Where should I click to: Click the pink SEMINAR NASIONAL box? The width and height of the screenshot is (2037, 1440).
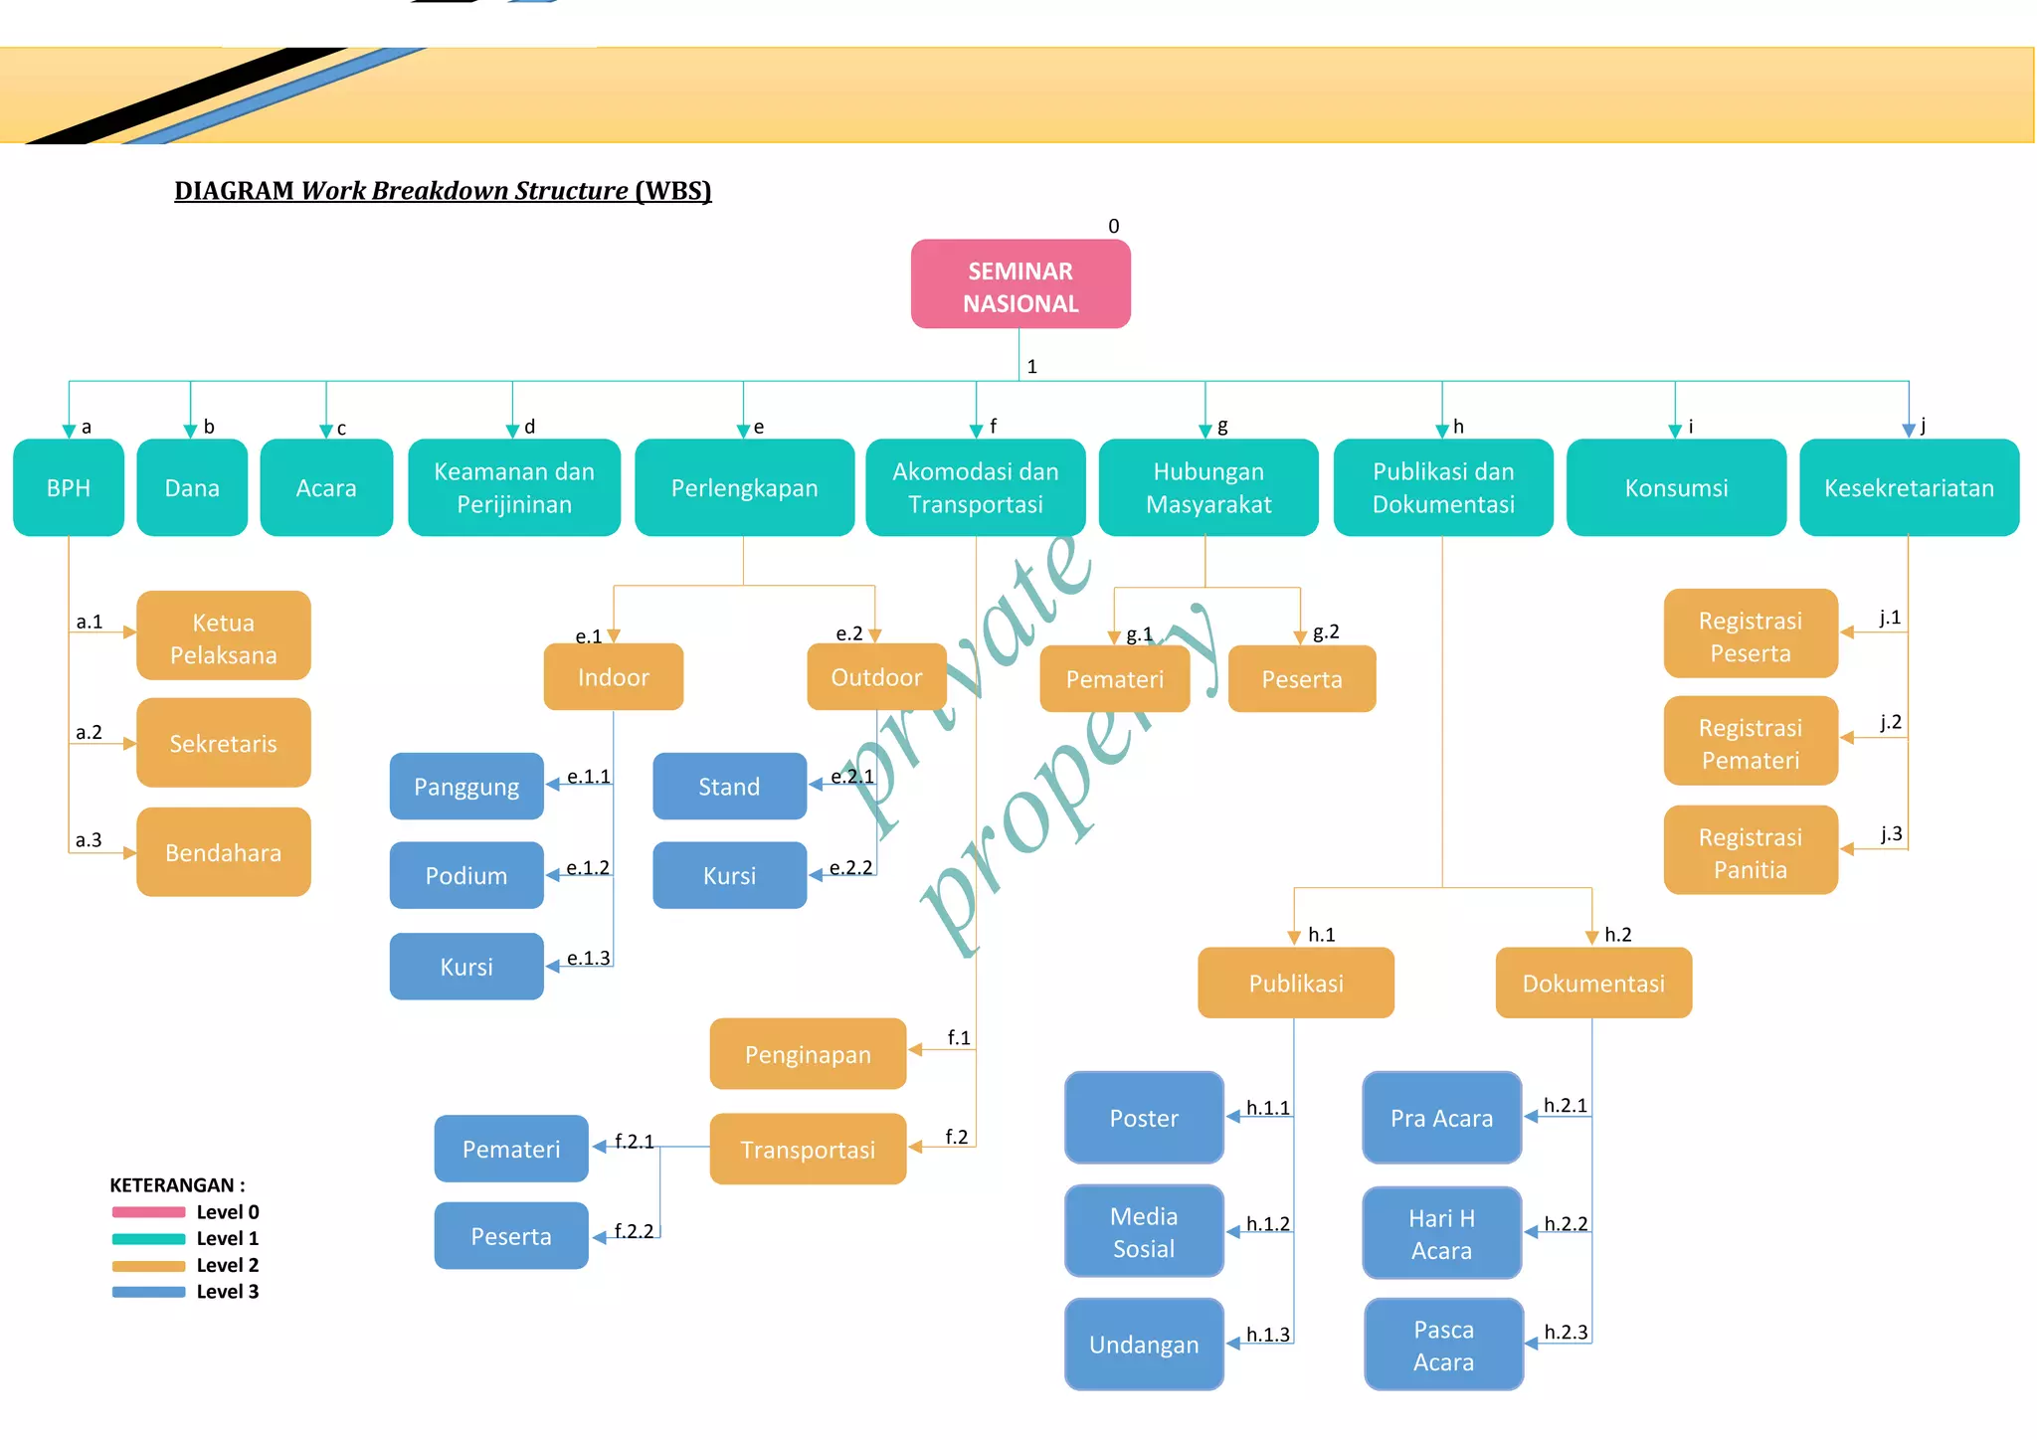tap(1020, 284)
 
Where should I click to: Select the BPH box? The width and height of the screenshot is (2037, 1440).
tap(69, 488)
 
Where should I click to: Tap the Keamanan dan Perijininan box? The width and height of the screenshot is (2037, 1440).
tap(514, 488)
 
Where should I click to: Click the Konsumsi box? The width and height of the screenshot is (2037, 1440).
tap(1676, 488)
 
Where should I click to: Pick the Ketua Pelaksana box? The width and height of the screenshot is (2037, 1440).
tap(224, 636)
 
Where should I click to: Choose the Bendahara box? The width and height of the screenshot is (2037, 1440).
tap(224, 852)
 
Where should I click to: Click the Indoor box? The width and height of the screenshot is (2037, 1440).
tap(614, 677)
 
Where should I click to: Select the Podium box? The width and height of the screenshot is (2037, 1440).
tap(466, 875)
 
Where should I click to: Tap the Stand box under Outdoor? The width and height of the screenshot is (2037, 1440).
tap(729, 787)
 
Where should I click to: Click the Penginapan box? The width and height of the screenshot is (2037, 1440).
tap(808, 1054)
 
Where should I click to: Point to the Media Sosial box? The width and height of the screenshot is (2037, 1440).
tap(1144, 1231)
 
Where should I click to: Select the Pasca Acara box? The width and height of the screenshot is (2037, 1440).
tap(1443, 1345)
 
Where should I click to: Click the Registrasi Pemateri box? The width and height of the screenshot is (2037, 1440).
tap(1751, 743)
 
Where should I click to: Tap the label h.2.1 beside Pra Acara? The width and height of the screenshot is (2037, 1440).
tap(1566, 1106)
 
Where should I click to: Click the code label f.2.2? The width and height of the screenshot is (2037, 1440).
tap(634, 1231)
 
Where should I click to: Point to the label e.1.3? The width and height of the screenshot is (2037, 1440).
tap(588, 959)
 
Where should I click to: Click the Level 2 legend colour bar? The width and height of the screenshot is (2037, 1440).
tap(149, 1266)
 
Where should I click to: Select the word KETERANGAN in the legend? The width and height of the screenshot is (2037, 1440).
tap(171, 1185)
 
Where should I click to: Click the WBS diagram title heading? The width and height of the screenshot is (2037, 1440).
tap(443, 191)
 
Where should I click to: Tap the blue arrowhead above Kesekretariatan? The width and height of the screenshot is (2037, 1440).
tap(1908, 431)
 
